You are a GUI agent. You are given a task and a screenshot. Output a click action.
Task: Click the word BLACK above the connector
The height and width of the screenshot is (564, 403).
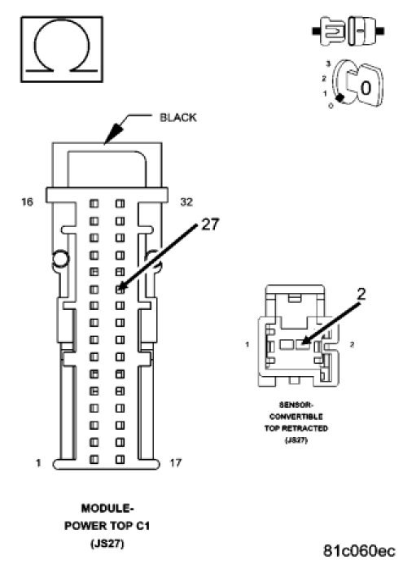(178, 118)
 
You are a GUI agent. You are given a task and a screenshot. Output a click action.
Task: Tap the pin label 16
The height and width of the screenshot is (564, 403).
(27, 202)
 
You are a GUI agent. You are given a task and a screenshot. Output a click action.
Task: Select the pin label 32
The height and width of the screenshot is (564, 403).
(186, 202)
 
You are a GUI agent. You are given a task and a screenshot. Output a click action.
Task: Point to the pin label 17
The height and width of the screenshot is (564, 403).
(175, 462)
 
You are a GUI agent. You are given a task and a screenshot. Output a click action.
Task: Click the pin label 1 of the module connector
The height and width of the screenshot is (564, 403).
(38, 462)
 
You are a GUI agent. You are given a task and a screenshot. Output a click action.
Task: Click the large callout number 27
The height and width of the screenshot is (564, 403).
(210, 225)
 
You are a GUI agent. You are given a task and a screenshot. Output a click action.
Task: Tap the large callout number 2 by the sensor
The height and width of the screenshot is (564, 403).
(361, 295)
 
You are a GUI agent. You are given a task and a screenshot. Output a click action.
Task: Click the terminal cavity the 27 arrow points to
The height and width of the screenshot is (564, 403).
(120, 289)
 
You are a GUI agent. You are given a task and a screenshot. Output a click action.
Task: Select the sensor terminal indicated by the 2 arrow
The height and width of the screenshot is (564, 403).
(303, 344)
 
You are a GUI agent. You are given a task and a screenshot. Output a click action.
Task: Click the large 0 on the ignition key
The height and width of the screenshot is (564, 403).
(366, 88)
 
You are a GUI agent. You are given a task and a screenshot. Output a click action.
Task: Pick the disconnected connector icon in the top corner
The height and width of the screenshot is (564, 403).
(348, 31)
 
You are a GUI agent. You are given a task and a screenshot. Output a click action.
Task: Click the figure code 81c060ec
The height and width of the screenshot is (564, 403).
(360, 550)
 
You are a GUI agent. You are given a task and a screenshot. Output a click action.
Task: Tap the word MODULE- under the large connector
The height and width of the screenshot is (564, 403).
(107, 508)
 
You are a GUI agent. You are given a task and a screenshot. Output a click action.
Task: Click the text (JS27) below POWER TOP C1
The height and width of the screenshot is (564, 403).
(107, 543)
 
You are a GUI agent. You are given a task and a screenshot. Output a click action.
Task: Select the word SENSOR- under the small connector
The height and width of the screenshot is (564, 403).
(296, 405)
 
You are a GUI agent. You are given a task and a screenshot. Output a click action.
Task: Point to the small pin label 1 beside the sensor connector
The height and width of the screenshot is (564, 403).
(247, 344)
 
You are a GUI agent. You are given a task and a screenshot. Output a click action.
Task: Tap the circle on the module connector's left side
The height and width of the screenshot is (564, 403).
(60, 259)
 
